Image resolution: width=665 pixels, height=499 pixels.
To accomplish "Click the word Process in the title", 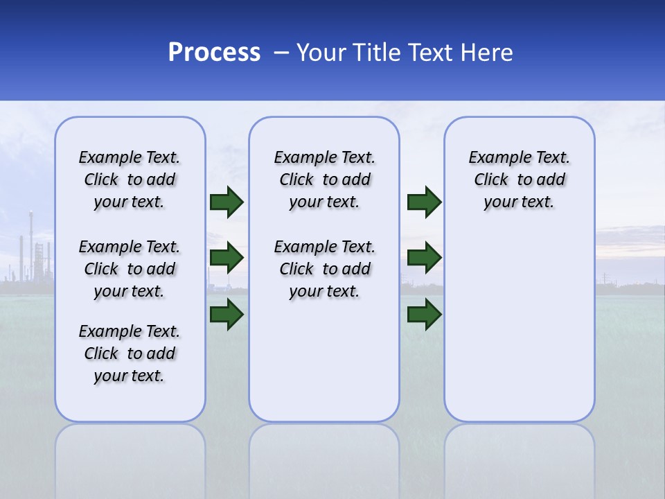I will coord(214,52).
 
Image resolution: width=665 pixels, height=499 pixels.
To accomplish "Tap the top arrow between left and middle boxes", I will coord(227,202).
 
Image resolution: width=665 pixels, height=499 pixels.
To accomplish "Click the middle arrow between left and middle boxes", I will coord(227,259).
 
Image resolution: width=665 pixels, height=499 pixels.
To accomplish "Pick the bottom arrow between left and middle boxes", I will coord(227,315).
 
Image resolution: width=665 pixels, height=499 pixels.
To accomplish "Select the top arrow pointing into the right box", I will coord(424,202).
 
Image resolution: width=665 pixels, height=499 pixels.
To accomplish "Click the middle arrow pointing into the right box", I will coord(424,259).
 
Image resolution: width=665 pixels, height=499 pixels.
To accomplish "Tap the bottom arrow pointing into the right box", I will coord(424,315).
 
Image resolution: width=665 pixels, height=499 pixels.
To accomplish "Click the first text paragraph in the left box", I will coord(130,180).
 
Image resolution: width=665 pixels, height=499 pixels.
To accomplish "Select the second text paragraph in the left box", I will coord(130,269).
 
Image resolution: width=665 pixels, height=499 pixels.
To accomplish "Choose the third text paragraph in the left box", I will coord(130,353).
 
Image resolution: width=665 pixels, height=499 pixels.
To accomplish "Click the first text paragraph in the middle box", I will coord(325,180).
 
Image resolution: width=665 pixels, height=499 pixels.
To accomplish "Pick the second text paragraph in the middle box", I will coord(325,269).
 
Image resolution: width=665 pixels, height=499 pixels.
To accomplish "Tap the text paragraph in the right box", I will coord(520,180).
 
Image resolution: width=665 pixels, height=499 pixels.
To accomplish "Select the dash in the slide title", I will coord(281,52).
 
